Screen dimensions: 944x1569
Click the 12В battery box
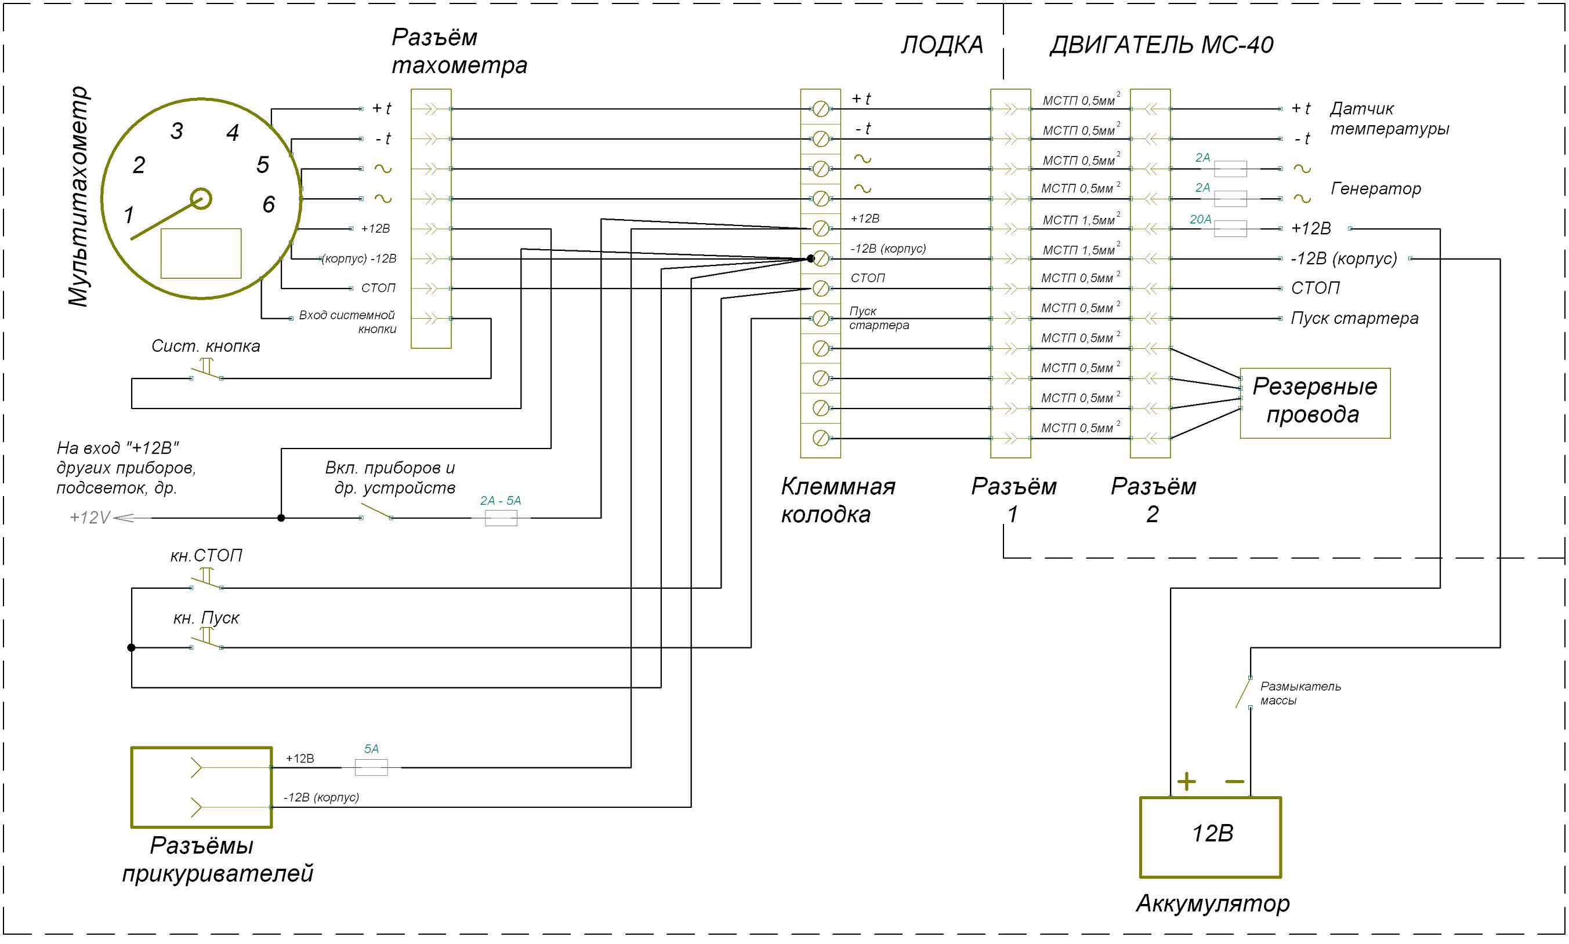click(1209, 836)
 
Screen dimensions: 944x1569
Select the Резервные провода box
click(1314, 402)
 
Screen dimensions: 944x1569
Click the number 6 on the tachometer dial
click(269, 204)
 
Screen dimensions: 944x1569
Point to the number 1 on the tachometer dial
click(129, 215)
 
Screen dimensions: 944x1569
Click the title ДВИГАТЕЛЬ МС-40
click(1161, 45)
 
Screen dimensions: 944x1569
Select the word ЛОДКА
click(941, 45)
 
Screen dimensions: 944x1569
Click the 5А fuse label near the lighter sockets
click(371, 749)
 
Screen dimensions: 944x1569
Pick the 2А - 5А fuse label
click(501, 501)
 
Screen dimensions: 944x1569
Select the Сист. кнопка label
click(205, 346)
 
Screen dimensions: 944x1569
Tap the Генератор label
click(1375, 188)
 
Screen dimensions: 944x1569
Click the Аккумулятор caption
click(1212, 903)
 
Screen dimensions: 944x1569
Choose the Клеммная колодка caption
click(837, 500)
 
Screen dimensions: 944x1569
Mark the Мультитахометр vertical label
click(78, 196)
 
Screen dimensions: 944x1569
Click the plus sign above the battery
click(1186, 781)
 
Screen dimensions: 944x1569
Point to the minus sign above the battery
click(1234, 781)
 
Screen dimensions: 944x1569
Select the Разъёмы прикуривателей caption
click(217, 859)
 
